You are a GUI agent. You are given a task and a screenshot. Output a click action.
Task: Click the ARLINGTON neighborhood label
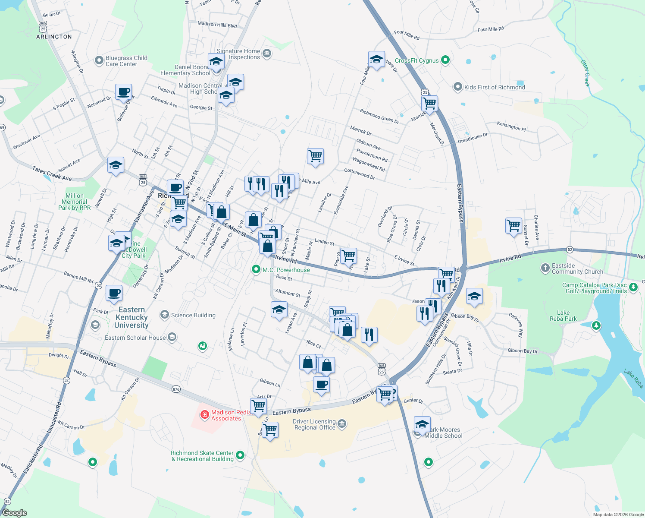click(54, 37)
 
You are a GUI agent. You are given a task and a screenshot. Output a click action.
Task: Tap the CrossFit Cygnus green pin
click(445, 60)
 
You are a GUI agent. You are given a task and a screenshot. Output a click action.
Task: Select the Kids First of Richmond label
click(495, 87)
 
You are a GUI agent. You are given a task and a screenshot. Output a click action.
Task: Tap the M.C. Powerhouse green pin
click(256, 270)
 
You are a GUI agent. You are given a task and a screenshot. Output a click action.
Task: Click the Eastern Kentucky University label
click(132, 317)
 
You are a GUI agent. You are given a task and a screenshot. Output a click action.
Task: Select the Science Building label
click(193, 315)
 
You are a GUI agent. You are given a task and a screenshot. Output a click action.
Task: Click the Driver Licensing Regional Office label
click(315, 424)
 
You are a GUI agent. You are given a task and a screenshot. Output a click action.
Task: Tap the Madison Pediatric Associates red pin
click(205, 415)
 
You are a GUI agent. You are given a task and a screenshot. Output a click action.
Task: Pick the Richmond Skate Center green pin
click(240, 455)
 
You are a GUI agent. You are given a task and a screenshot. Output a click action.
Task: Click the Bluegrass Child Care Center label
click(126, 61)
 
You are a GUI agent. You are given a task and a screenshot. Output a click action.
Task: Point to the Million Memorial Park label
click(75, 202)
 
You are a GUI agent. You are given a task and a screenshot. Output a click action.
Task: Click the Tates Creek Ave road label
click(52, 174)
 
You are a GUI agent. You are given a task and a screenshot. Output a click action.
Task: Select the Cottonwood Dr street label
click(359, 174)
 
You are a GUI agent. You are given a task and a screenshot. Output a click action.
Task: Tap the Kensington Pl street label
click(511, 126)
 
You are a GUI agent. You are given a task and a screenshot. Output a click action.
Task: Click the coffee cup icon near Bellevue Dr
click(123, 92)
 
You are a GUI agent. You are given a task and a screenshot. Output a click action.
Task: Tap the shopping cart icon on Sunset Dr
click(513, 225)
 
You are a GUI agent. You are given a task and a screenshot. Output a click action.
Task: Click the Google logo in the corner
click(15, 512)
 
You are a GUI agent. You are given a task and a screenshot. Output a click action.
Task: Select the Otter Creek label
click(585, 73)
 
